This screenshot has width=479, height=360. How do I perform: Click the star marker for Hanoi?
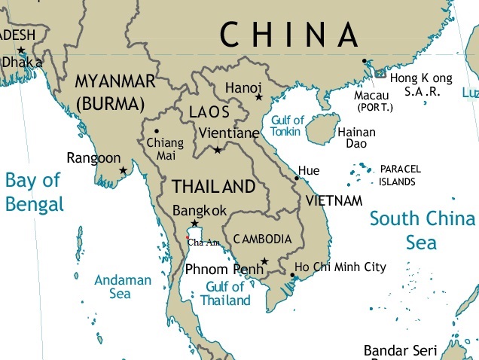258,97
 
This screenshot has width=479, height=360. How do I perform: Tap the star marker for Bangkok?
195,224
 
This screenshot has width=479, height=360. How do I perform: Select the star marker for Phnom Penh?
264,262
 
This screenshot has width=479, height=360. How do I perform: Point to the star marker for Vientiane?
218,151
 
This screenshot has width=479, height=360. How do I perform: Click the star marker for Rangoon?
124,171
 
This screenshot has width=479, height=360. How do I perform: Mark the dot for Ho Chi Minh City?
291,274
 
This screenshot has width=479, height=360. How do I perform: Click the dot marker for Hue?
297,178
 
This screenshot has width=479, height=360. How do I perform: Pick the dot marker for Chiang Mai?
157,131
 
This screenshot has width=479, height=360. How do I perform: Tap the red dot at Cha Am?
187,237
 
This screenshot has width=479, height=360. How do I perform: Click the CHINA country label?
288,35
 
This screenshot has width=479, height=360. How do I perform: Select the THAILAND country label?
214,186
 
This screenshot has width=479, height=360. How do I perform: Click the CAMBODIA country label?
262,239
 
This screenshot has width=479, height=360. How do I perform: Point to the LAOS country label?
208,112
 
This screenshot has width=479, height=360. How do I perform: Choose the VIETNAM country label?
334,201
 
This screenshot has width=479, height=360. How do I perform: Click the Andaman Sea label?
122,287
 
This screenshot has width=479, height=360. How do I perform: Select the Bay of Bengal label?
34,192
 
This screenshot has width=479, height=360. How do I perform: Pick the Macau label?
372,96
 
